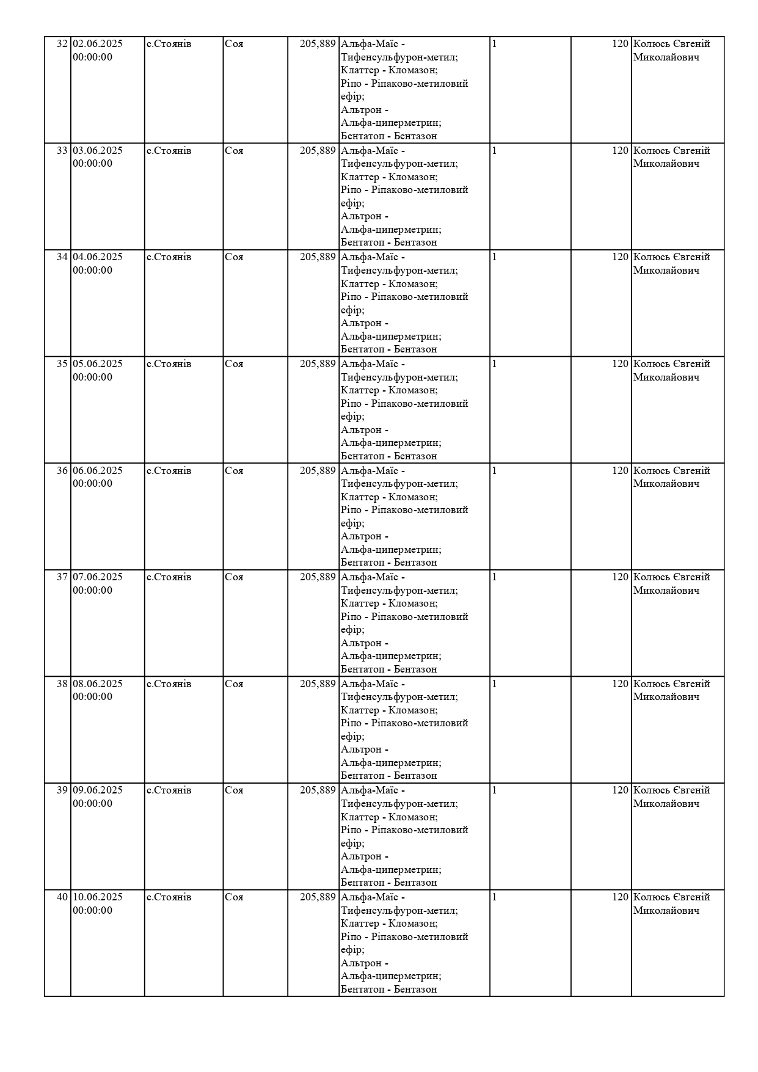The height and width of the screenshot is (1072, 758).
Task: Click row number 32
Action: pyautogui.click(x=62, y=44)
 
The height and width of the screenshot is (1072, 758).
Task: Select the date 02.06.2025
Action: pyautogui.click(x=98, y=44)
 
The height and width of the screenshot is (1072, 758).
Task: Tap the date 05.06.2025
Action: pyautogui.click(x=98, y=364)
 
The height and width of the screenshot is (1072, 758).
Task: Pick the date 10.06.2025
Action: pyautogui.click(x=98, y=897)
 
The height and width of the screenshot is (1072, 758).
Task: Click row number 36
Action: pyautogui.click(x=62, y=471)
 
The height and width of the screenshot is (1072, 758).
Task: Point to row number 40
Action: pyautogui.click(x=62, y=897)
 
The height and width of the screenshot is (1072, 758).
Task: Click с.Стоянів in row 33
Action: pyautogui.click(x=169, y=151)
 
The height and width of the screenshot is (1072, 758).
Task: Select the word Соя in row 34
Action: pyautogui.click(x=234, y=257)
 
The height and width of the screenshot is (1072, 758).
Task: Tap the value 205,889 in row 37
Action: pyautogui.click(x=318, y=577)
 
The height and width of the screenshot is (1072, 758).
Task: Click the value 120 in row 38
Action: pyautogui.click(x=620, y=684)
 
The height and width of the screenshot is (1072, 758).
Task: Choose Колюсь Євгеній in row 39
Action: pyautogui.click(x=671, y=790)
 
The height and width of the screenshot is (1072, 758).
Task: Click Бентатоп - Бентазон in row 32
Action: pyautogui.click(x=389, y=136)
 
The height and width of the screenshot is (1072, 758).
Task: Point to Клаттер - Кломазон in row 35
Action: pyautogui.click(x=389, y=390)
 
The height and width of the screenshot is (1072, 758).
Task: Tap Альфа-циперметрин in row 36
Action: pyautogui.click(x=391, y=550)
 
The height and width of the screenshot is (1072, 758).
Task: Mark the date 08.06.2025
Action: pyautogui.click(x=98, y=684)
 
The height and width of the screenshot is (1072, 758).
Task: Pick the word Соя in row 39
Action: pyautogui.click(x=234, y=790)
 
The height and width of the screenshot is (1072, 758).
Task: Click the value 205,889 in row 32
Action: pyautogui.click(x=318, y=44)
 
